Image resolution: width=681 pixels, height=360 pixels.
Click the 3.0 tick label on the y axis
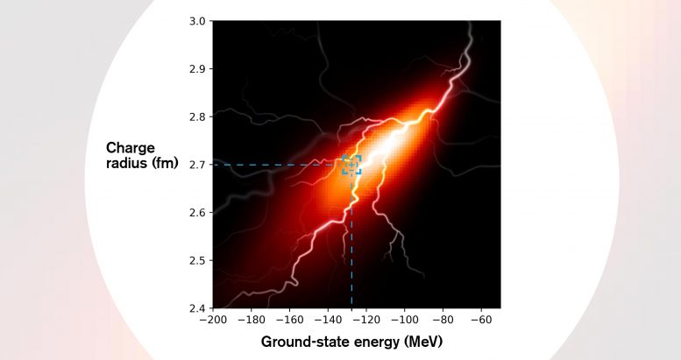click(198, 21)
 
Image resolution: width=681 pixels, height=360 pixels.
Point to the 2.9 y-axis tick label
click(198, 69)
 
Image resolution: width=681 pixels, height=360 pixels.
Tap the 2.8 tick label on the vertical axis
click(198, 116)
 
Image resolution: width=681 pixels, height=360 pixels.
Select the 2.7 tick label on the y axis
click(198, 165)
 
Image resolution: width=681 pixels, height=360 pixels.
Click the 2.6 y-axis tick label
click(198, 213)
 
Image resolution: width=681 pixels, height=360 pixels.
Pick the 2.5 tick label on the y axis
click(198, 261)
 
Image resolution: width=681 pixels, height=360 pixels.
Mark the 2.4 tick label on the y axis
click(198, 308)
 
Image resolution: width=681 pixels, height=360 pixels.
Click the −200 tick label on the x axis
click(212, 321)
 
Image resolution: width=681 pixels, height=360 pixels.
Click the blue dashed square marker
click(351, 165)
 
